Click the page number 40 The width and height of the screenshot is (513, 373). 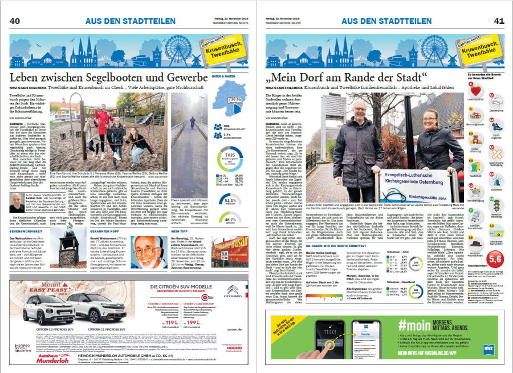click(15, 21)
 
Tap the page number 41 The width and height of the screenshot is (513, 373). click(499, 21)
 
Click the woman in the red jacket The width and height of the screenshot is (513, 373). click(103, 122)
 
